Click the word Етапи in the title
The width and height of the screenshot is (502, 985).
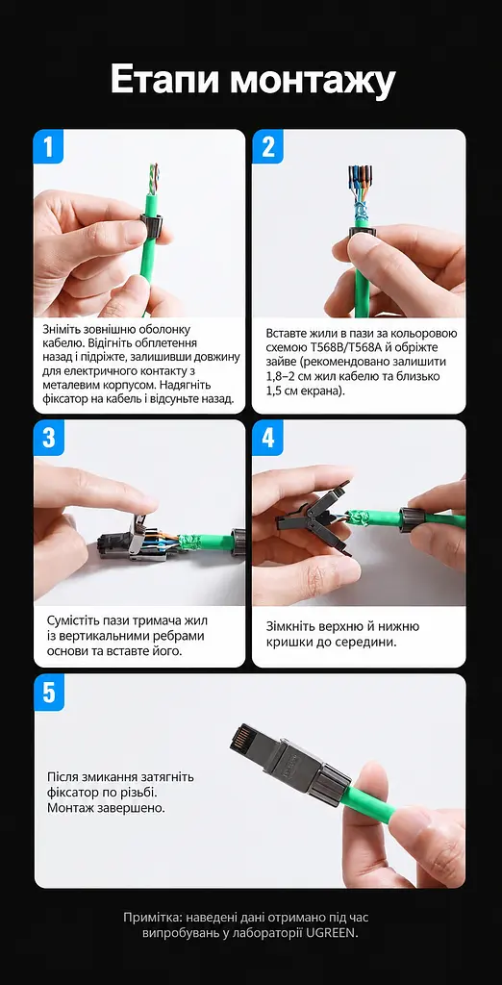click(x=164, y=81)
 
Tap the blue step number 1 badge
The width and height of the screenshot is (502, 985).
click(x=49, y=146)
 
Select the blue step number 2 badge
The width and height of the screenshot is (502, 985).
click(x=267, y=146)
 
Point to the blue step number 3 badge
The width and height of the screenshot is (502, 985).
click(x=49, y=438)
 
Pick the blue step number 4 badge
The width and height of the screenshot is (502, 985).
click(x=267, y=438)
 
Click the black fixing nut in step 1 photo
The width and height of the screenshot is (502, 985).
click(x=149, y=223)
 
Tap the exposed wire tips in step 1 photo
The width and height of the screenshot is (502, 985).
click(x=153, y=178)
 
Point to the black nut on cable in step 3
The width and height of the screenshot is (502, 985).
click(x=238, y=542)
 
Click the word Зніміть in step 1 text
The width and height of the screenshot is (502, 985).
click(x=63, y=329)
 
